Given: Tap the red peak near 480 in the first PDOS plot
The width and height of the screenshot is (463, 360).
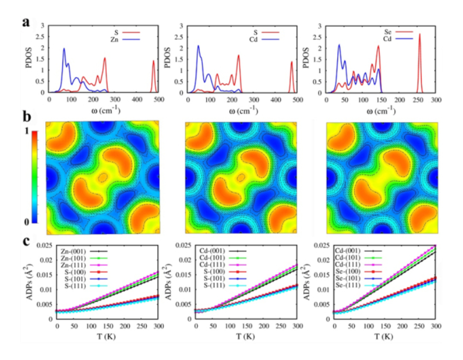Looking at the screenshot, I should [153, 62].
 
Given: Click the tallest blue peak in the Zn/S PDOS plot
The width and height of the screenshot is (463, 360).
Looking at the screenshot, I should [64, 49].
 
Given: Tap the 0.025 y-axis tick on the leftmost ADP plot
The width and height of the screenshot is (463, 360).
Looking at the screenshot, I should [42, 245].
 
